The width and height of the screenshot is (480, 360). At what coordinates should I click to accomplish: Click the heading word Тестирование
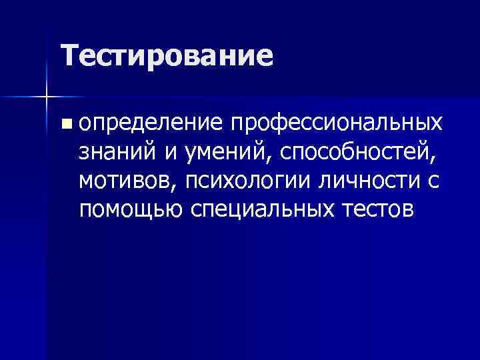pyautogui.click(x=167, y=56)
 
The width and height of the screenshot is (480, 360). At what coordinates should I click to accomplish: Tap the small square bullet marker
pyautogui.click(x=64, y=123)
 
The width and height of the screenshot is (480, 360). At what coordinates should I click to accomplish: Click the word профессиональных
pyautogui.click(x=336, y=123)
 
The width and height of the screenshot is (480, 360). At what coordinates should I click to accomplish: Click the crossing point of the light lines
pyautogui.click(x=47, y=97)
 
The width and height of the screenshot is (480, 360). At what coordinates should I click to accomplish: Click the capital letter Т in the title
pyautogui.click(x=68, y=55)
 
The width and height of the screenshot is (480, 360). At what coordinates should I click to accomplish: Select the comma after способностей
pyautogui.click(x=438, y=161)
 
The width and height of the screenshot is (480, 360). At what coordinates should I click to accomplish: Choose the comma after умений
pyautogui.click(x=272, y=161)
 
